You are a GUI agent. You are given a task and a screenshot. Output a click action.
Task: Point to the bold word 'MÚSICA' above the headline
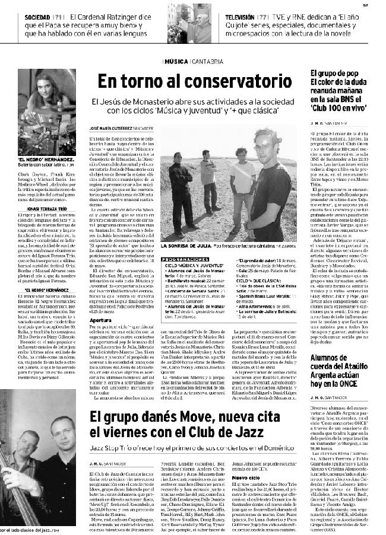point(174,61)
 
